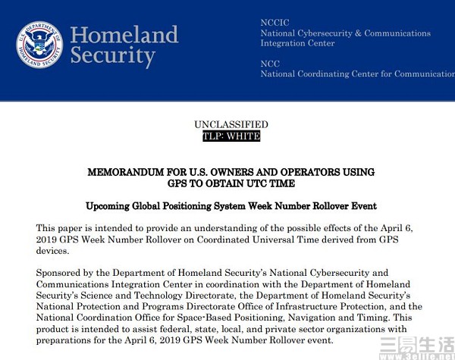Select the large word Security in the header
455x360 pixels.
(x=113, y=57)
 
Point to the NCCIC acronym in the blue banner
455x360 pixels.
(x=275, y=23)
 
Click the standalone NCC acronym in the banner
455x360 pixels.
(x=270, y=64)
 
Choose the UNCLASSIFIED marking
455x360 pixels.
(x=231, y=124)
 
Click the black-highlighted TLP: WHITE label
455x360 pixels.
(x=231, y=136)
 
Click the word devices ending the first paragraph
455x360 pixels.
(x=53, y=251)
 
